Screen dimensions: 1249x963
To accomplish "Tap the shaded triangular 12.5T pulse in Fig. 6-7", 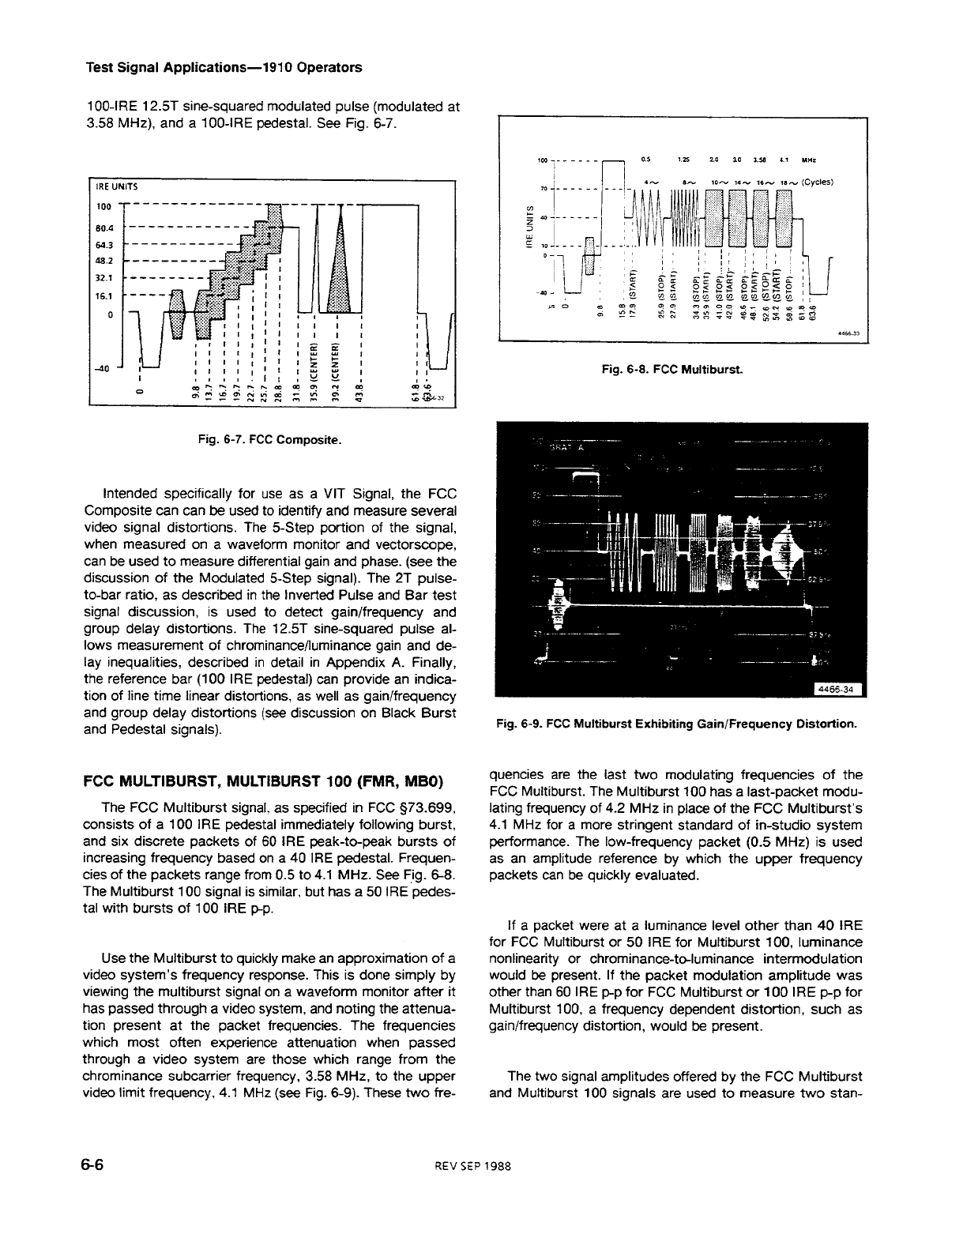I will [x=338, y=269].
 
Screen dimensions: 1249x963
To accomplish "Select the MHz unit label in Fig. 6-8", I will [x=809, y=162].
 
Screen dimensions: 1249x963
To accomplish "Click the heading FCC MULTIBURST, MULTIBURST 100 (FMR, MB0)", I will [x=263, y=782].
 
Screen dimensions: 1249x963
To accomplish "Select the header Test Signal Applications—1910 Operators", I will [x=224, y=67].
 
